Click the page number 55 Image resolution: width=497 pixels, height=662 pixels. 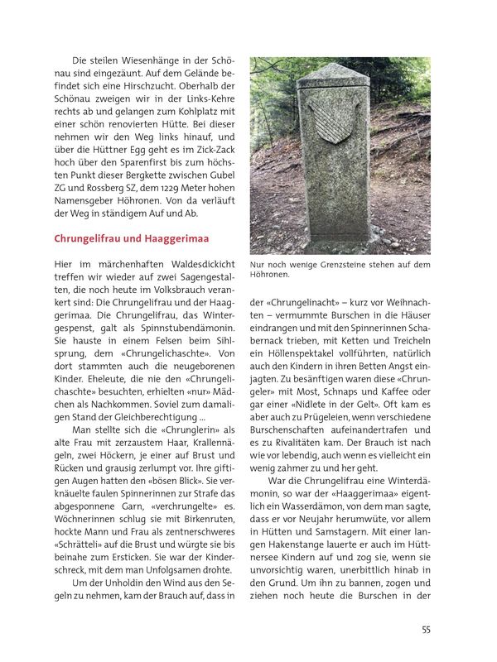click(x=426, y=630)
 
